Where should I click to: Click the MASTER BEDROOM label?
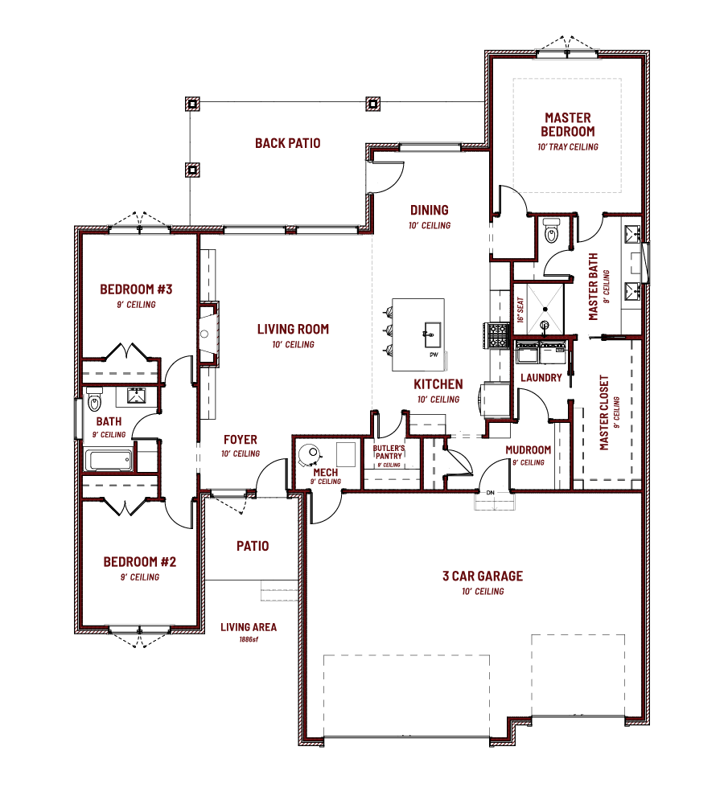click(x=567, y=125)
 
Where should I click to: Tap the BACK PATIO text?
click(x=287, y=143)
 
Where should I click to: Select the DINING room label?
click(x=429, y=211)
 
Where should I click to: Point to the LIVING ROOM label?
click(x=293, y=330)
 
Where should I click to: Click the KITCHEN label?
click(x=438, y=384)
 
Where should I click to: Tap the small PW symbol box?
click(x=434, y=355)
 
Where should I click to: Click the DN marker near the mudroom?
click(x=492, y=493)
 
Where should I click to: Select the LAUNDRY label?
click(x=541, y=378)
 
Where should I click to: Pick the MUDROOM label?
click(x=528, y=450)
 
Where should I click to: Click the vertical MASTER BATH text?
click(x=594, y=287)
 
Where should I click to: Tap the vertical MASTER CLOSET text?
click(x=604, y=412)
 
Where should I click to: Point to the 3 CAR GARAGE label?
click(x=482, y=576)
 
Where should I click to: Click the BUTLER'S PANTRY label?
click(x=389, y=452)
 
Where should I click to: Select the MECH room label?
click(x=326, y=473)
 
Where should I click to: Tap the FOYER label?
click(x=241, y=441)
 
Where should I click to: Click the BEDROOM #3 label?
click(x=136, y=289)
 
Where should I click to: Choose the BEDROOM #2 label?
click(x=140, y=562)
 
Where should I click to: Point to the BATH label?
click(x=109, y=421)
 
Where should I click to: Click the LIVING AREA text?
click(x=249, y=627)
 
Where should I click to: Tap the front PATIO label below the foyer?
click(x=253, y=546)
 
